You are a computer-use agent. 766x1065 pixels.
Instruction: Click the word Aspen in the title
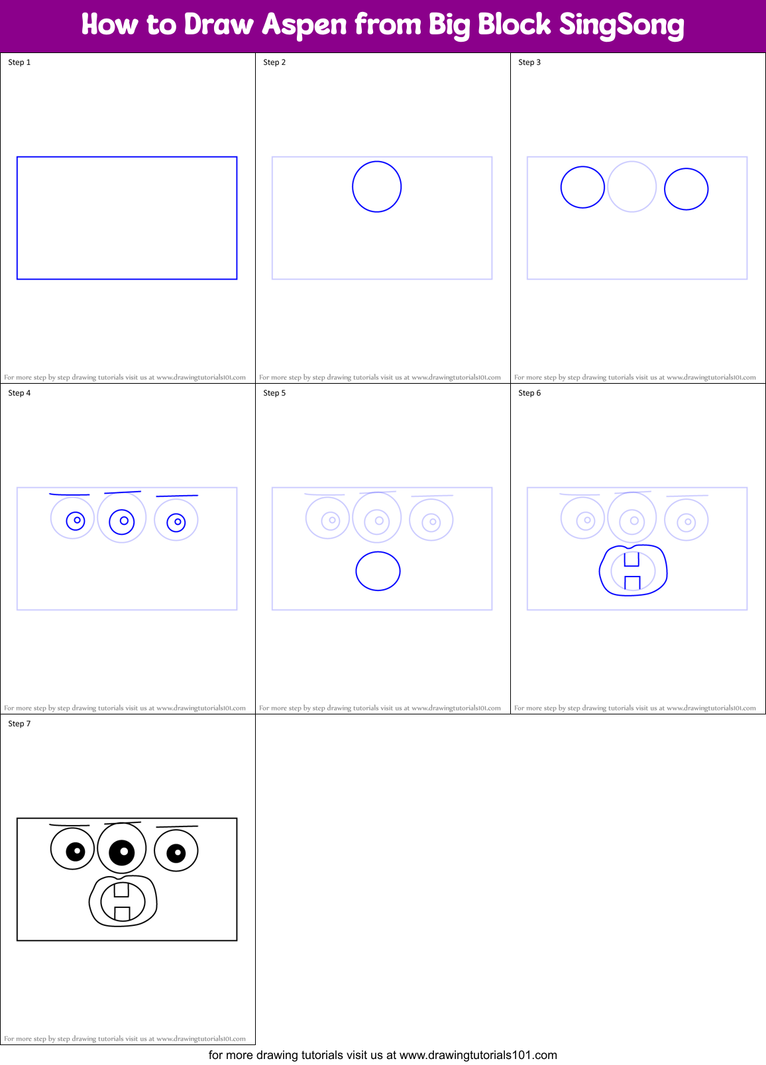pos(304,25)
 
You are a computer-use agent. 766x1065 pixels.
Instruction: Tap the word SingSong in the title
pos(621,25)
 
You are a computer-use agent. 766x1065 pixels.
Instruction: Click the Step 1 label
pos(19,62)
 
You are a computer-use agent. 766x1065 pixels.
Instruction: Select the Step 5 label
pos(274,393)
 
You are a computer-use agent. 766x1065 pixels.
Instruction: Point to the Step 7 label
pos(19,724)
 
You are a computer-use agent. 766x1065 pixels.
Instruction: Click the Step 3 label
pos(529,62)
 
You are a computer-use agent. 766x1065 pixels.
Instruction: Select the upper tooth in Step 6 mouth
pos(631,559)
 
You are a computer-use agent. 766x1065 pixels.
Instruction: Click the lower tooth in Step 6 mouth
pos(632,583)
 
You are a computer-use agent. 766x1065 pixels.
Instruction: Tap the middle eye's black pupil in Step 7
pos(122,852)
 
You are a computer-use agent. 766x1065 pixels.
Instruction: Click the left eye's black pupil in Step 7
pos(76,851)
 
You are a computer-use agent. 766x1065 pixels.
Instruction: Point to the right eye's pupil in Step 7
pos(176,853)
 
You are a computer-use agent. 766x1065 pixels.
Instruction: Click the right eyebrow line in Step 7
pos(177,826)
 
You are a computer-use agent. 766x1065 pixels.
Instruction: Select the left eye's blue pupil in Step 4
pos(76,521)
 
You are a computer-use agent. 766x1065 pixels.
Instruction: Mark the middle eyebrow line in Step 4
pos(123,492)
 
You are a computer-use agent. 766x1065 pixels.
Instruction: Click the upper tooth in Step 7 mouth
pos(121,889)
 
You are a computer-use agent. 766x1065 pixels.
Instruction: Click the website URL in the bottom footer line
pos(478,1055)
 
